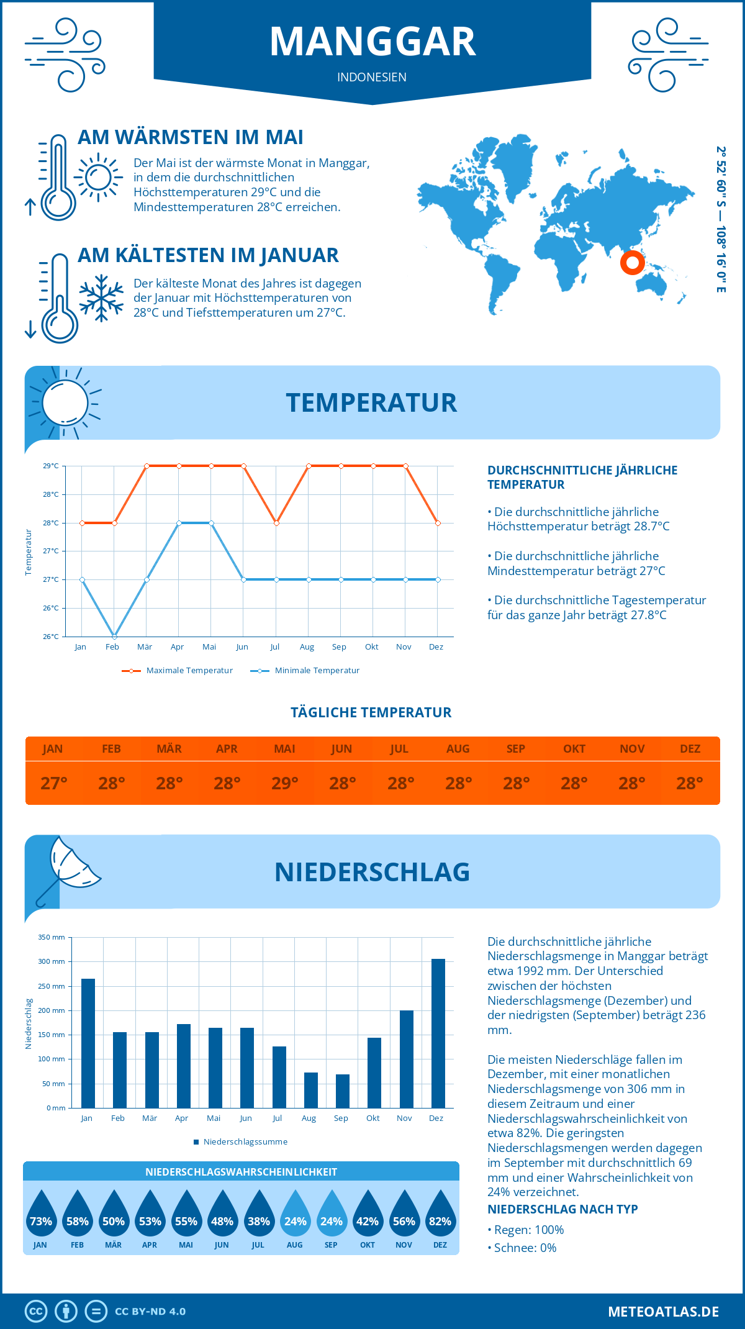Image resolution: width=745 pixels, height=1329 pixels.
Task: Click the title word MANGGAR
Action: tap(372, 42)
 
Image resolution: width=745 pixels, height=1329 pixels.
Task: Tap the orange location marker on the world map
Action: tap(632, 263)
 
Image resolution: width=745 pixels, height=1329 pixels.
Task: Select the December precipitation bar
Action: tap(438, 1033)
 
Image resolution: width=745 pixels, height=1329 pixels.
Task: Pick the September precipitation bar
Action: tap(343, 1091)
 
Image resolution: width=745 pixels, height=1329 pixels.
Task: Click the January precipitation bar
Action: tap(88, 1043)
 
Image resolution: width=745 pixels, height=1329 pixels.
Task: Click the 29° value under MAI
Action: tap(285, 783)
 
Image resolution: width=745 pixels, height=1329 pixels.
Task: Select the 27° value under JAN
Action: tap(54, 783)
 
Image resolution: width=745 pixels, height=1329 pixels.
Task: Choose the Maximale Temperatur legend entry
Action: tap(178, 671)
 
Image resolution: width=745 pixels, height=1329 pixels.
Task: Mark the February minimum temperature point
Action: tap(114, 637)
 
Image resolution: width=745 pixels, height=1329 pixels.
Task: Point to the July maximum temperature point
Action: tap(276, 523)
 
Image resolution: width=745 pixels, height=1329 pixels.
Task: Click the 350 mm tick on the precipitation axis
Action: tap(52, 937)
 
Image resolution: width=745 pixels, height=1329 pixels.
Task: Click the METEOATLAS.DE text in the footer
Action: tap(663, 1312)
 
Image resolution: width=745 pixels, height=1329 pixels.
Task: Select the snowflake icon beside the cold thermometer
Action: tap(101, 298)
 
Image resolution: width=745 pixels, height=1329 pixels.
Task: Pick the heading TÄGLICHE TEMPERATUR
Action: tap(371, 712)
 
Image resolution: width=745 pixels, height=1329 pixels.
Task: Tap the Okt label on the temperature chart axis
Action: tap(371, 647)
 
